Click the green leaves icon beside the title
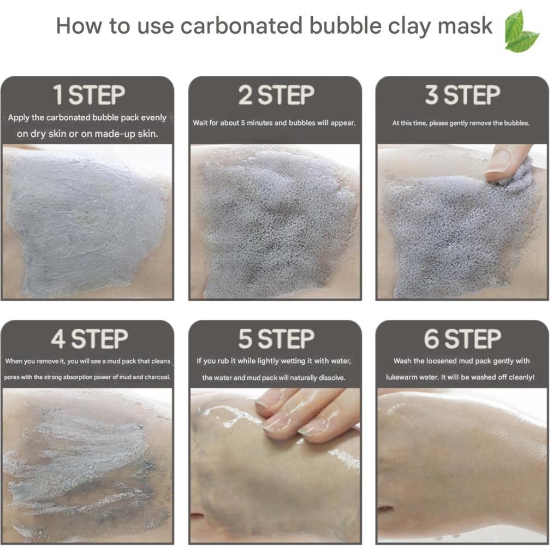pyautogui.click(x=521, y=31)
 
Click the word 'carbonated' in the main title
pyautogui.click(x=241, y=26)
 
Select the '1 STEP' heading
pyautogui.click(x=89, y=95)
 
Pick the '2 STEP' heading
pyautogui.click(x=276, y=95)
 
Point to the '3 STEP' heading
pyautogui.click(x=462, y=95)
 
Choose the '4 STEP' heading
pyautogui.click(x=89, y=338)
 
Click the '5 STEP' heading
pyautogui.click(x=276, y=338)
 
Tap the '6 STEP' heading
pyautogui.click(x=462, y=338)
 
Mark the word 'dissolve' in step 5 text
pyautogui.click(x=332, y=378)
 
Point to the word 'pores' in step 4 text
pyautogui.click(x=11, y=377)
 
